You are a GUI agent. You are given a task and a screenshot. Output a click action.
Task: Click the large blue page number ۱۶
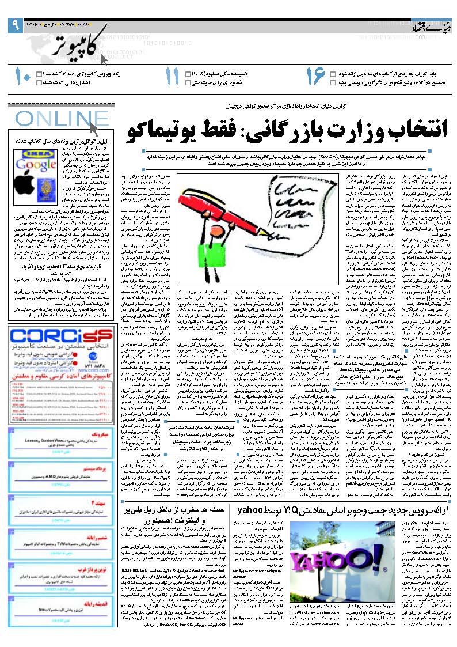[315, 78]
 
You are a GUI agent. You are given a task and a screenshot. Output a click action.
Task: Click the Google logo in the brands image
[32, 164]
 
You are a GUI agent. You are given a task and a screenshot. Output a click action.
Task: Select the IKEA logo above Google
[32, 154]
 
